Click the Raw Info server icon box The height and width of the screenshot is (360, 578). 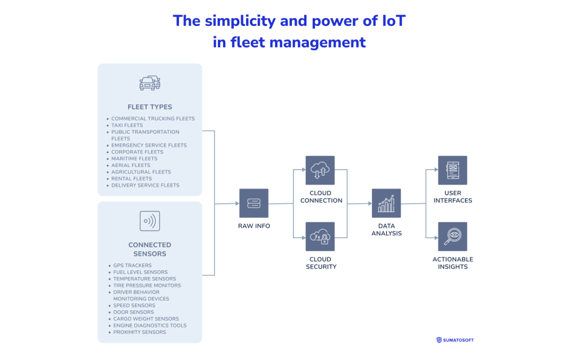tap(253, 203)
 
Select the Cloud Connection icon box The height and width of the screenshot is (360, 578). tap(320, 170)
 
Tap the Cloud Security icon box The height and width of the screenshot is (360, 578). tap(320, 236)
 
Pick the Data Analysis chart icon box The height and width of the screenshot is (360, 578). tap(386, 203)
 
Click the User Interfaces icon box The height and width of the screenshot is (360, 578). tap(452, 170)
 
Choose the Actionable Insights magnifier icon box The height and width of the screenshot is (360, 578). tap(452, 236)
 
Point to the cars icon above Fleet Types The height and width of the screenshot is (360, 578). tap(150, 82)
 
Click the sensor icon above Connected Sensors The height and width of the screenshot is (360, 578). tap(150, 221)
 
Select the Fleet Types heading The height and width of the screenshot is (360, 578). tap(150, 107)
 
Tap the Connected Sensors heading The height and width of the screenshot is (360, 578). tap(150, 249)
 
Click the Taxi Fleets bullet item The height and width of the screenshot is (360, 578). tap(127, 125)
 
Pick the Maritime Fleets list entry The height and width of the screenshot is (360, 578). tap(134, 159)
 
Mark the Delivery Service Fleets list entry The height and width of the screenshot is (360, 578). tap(145, 185)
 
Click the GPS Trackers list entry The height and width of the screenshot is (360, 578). tap(132, 265)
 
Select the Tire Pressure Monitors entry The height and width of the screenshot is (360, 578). tap(147, 286)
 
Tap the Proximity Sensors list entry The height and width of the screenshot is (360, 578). tap(139, 332)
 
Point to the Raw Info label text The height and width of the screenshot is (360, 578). tap(253, 226)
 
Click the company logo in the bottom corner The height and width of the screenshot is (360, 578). tap(455, 340)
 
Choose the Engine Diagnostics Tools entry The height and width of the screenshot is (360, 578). tap(150, 326)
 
